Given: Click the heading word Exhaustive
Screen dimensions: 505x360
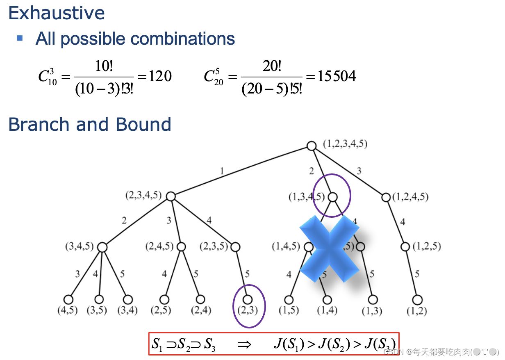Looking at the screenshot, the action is [57, 13].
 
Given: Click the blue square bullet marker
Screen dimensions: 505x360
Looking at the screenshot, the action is [20, 38].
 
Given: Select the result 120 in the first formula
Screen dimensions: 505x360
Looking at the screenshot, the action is [160, 76].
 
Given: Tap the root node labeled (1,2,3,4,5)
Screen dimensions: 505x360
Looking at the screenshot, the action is [312, 146].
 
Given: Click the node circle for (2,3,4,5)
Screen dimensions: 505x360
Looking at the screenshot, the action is [171, 197].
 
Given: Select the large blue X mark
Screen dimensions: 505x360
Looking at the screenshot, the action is [330, 248].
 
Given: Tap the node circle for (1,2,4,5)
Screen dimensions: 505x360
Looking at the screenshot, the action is [386, 197].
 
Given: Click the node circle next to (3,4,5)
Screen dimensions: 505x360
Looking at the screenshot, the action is [102, 247].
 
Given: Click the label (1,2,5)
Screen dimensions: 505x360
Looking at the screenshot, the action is [427, 247].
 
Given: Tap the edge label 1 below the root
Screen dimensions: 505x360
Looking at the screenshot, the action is [222, 171].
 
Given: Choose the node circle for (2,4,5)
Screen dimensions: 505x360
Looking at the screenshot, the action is [181, 247].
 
